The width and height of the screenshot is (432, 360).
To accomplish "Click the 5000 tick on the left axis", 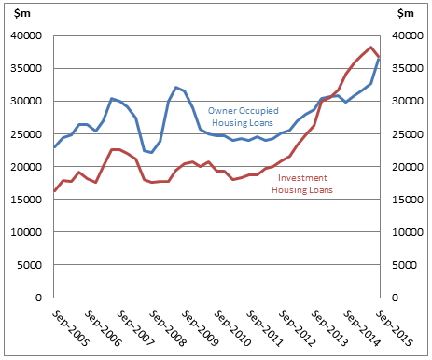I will [x=31, y=266].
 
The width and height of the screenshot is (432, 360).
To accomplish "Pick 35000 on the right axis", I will [x=407, y=69].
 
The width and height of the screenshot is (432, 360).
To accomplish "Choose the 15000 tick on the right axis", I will [x=407, y=200].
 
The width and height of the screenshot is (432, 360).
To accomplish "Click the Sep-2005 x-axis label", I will [x=69, y=327].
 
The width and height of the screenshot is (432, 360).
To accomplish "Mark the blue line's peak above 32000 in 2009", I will [x=176, y=87].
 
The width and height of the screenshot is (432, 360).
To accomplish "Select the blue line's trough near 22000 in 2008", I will [x=152, y=152].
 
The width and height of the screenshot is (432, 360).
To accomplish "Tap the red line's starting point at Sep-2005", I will [x=55, y=190].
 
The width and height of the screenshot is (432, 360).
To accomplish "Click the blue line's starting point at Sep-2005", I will [x=55, y=146].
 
